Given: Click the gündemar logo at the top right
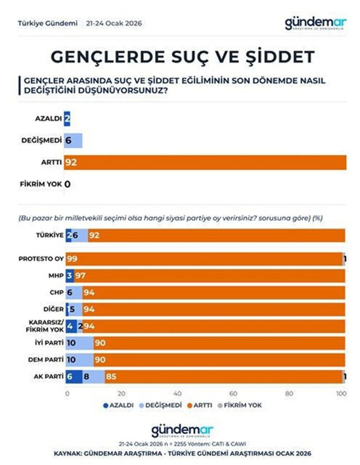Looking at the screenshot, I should click(316, 23).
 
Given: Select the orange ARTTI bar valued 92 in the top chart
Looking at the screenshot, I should click(205, 162).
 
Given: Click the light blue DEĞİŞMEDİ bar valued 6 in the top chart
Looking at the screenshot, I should click(73, 140).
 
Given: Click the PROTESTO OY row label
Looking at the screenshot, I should click(42, 258).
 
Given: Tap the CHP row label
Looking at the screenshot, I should click(55, 292).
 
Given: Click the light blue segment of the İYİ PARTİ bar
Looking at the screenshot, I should click(79, 342).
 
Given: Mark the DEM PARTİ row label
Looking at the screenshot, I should click(45, 359).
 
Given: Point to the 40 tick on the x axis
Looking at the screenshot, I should click(177, 393).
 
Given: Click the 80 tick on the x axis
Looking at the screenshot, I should click(289, 393).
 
